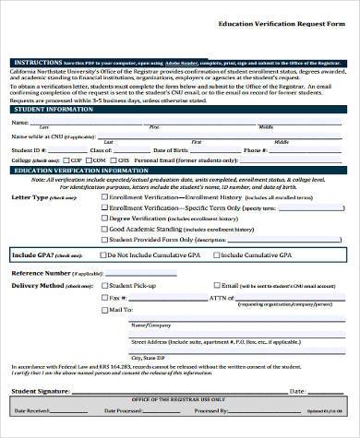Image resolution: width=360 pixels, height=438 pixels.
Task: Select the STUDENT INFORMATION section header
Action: coord(50,109)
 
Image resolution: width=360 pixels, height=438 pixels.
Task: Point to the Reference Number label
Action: coord(41,273)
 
